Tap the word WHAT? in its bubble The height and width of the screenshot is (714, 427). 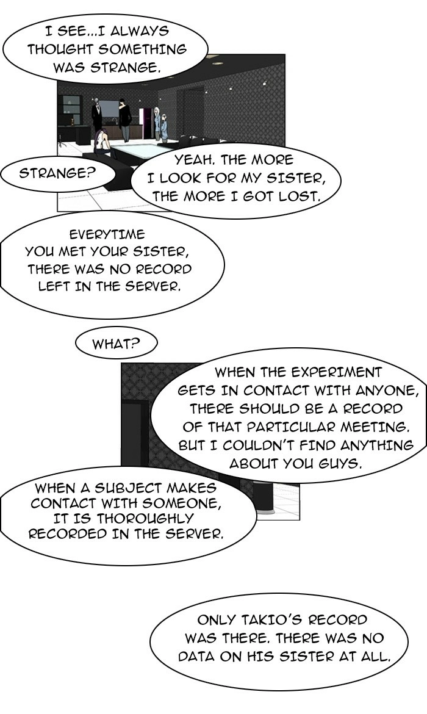tap(116, 344)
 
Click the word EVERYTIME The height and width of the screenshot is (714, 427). tap(107, 234)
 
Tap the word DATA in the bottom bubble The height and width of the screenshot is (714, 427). tap(196, 657)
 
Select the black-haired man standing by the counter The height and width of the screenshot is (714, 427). tap(124, 119)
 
